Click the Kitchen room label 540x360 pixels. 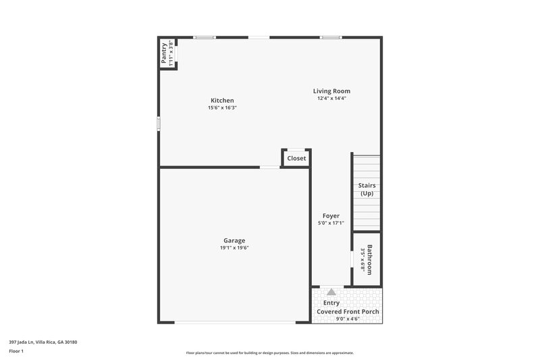222,101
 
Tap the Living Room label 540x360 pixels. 331,91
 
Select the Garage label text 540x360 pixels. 234,240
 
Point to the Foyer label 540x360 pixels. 331,216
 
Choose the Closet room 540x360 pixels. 296,159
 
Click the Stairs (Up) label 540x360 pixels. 367,190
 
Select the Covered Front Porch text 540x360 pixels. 348,311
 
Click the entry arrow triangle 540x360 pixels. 331,292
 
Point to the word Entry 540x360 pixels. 331,303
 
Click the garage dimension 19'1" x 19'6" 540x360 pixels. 234,248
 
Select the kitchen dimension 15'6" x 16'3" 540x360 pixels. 222,108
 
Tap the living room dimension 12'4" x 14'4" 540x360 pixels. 331,99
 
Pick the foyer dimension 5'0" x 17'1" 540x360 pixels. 331,224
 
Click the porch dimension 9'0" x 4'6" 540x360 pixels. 348,319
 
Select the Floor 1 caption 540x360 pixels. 16,351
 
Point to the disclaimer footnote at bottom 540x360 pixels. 270,353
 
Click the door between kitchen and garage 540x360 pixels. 270,167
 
